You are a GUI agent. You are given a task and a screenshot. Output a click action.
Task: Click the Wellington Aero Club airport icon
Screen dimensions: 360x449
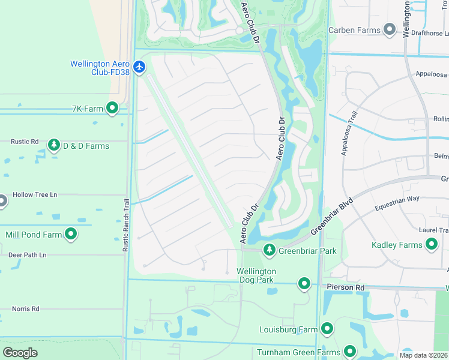(140, 66)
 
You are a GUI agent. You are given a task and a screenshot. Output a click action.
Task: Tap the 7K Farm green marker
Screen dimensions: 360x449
(112, 108)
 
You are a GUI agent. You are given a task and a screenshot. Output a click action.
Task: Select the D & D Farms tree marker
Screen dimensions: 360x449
(54, 145)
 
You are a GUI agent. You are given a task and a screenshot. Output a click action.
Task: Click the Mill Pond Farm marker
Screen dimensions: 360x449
(71, 234)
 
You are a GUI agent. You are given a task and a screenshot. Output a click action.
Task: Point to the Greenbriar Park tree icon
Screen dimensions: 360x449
(270, 250)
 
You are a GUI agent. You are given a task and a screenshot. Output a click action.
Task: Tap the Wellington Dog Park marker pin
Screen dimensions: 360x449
(304, 283)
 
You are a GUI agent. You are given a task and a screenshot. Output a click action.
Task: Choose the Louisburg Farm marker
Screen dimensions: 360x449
(327, 328)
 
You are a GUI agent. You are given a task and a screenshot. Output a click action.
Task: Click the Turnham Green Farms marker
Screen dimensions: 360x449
(350, 352)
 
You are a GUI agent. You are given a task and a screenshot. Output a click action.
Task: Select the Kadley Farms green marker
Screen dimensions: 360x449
(432, 244)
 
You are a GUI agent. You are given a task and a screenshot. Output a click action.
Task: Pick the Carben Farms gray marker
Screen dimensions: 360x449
(390, 29)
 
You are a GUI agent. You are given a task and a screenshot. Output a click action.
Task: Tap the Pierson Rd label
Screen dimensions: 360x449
(346, 288)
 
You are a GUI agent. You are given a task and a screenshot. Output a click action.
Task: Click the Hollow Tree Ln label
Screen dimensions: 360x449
(35, 194)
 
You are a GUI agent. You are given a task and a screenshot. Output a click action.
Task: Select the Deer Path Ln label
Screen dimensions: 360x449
(27, 255)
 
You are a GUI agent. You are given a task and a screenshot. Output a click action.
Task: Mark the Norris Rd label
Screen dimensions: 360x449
(25, 309)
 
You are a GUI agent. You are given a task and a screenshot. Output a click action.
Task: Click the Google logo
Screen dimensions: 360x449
(20, 353)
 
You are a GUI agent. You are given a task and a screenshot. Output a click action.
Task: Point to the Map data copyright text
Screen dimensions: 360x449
(423, 355)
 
